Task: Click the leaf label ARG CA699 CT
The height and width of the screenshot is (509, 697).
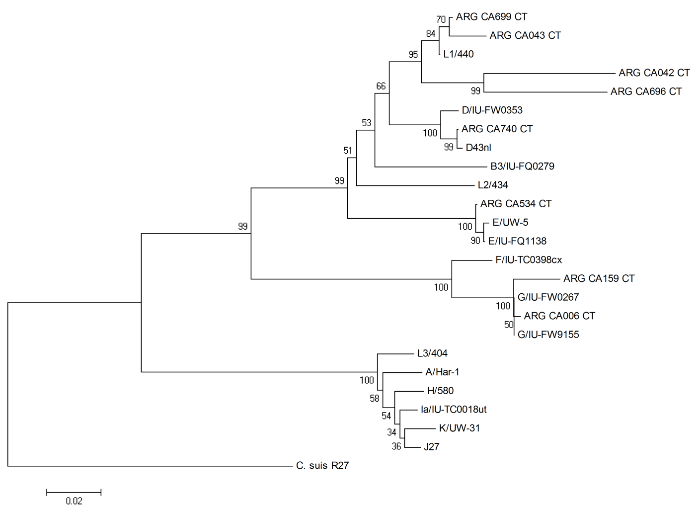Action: click(491, 17)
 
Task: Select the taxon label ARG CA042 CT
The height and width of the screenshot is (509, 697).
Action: click(654, 73)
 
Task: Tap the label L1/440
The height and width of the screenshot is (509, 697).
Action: click(459, 54)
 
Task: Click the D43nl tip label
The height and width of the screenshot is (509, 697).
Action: click(478, 148)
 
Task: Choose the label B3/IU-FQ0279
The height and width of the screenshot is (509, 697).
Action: click(522, 167)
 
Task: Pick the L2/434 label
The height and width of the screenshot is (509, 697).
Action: click(493, 185)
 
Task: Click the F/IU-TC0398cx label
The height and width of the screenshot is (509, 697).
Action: click(529, 260)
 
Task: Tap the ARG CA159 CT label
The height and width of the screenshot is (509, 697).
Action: click(599, 279)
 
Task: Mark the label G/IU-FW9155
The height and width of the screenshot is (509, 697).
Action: click(548, 335)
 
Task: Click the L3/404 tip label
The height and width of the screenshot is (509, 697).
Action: click(432, 353)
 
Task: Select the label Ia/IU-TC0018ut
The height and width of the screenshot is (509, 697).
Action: click(453, 410)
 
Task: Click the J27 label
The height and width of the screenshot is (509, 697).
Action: click(431, 447)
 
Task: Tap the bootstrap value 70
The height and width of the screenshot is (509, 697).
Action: click(441, 20)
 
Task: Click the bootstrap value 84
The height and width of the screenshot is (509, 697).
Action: click(430, 34)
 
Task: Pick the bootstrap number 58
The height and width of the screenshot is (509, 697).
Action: click(375, 398)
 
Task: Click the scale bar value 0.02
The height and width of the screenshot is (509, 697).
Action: click(74, 501)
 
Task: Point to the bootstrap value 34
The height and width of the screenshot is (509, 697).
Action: click(392, 432)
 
